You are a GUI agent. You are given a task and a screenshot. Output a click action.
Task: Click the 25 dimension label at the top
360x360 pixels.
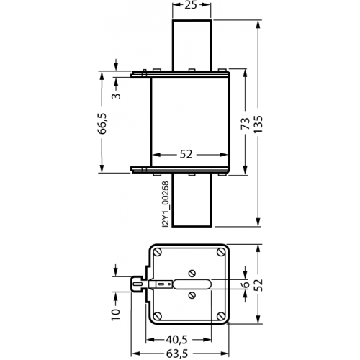(191, 5)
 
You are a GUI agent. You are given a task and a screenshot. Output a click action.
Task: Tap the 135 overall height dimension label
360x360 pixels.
(258, 124)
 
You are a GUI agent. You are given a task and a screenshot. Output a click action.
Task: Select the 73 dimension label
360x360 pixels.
(246, 124)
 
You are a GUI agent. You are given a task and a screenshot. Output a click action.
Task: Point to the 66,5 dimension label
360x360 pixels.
(102, 123)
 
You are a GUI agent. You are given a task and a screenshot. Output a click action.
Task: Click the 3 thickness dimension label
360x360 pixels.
(116, 96)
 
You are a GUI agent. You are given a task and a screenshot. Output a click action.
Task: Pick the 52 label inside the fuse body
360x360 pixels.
(186, 154)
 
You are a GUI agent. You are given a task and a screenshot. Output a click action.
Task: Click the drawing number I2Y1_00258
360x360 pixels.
(166, 204)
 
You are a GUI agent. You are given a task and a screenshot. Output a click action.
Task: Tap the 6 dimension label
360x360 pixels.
(246, 284)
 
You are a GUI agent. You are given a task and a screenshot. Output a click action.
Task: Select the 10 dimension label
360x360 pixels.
(116, 315)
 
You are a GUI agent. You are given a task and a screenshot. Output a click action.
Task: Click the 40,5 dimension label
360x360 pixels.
(176, 340)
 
